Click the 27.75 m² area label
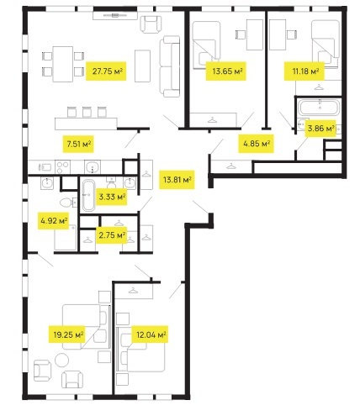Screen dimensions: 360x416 (x=106, y=71)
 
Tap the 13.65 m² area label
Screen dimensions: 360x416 (x=226, y=71)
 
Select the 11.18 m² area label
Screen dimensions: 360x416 (x=304, y=71)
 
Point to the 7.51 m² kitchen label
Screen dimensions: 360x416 (x=78, y=145)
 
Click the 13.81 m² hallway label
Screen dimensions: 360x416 (x=177, y=179)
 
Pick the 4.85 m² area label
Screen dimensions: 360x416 (x=257, y=144)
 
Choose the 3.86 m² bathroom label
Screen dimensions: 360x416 (x=320, y=129)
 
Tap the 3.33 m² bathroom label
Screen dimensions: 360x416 (x=112, y=197)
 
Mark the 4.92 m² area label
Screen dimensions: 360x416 (x=54, y=221)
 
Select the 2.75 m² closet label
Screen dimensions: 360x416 (x=112, y=235)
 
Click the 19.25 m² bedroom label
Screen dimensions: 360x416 (x=67, y=334)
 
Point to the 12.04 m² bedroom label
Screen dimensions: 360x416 (x=150, y=334)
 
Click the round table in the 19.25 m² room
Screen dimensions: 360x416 (x=61, y=360)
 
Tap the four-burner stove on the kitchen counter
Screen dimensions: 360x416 (x=63, y=167)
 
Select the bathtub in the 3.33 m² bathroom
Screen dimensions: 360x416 (x=89, y=195)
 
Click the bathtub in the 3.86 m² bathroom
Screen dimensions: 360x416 (x=319, y=108)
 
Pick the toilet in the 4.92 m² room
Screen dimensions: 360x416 (x=67, y=203)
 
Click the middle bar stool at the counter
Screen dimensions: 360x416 (x=87, y=112)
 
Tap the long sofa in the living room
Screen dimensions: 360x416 (x=170, y=66)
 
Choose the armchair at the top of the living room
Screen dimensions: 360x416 (x=151, y=24)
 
